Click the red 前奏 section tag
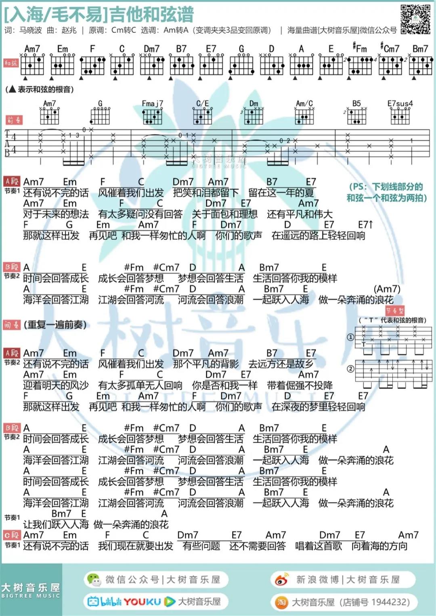click(x=13, y=120)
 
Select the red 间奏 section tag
click(x=12, y=325)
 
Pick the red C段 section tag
click(x=12, y=535)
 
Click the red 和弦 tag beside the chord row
click(x=11, y=63)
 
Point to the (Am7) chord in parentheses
click(x=387, y=289)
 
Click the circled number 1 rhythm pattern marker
click(x=350, y=337)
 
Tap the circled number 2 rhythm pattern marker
click(x=350, y=368)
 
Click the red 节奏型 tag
click(x=394, y=311)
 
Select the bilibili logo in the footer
click(x=105, y=601)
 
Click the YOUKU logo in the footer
click(x=142, y=601)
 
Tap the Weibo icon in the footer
click(x=281, y=580)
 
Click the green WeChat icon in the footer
click(x=94, y=580)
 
